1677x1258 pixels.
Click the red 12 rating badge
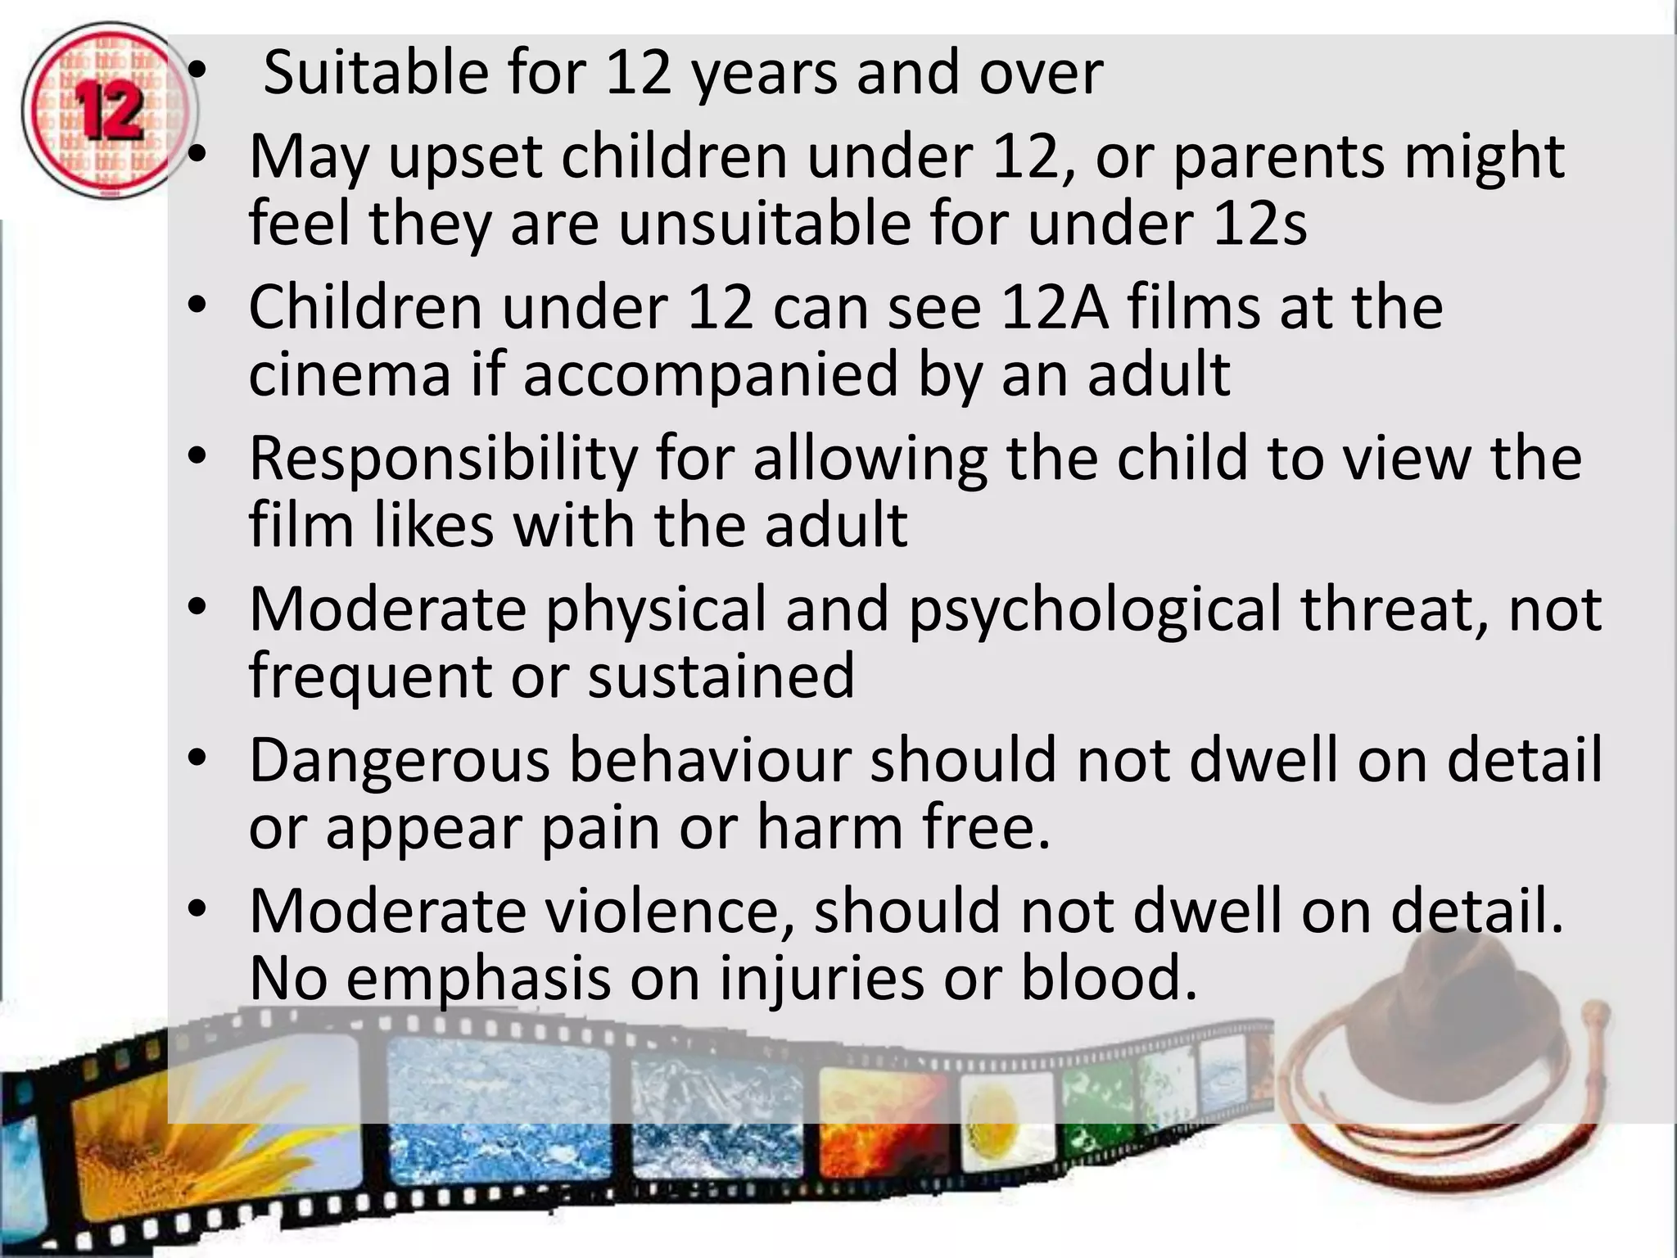click(x=108, y=111)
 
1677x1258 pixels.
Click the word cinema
click(x=350, y=373)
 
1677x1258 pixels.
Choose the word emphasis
click(x=478, y=978)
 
